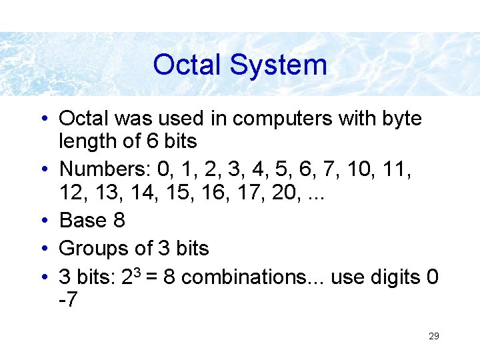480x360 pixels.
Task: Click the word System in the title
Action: (278, 65)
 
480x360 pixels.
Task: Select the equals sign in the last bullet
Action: (152, 277)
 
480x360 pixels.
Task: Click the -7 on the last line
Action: (68, 300)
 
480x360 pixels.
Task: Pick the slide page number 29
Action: (433, 336)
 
